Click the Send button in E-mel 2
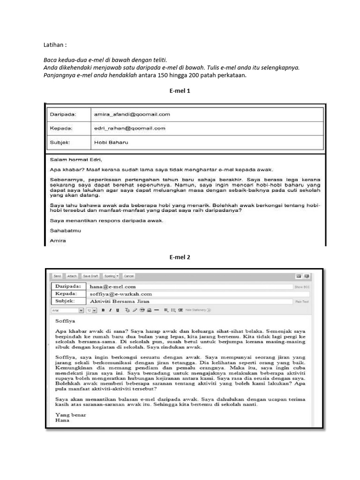[x=57, y=276]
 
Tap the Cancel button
[x=129, y=276]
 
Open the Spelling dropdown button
[x=111, y=276]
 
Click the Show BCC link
[x=301, y=286]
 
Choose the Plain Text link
[x=301, y=302]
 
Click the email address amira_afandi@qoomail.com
[x=132, y=114]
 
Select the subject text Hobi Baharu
[x=111, y=142]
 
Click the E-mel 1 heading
[x=180, y=91]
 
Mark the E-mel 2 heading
[x=180, y=257]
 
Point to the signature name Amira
[x=58, y=241]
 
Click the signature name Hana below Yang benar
[x=62, y=420]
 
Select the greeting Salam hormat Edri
[x=75, y=159]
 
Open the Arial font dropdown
[x=67, y=310]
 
